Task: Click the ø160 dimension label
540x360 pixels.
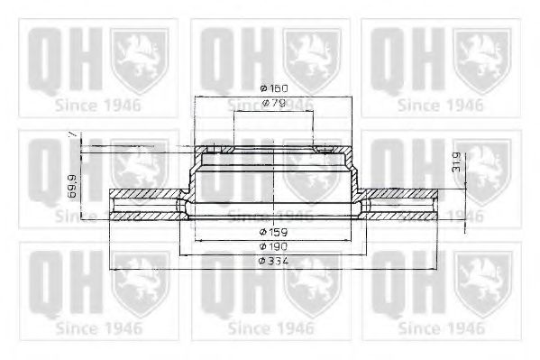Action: tap(272, 88)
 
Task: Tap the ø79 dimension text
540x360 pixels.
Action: tap(272, 106)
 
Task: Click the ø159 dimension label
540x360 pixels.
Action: tap(272, 232)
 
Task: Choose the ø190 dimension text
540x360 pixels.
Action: tap(272, 246)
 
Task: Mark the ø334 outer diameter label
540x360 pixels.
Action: tap(272, 260)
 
